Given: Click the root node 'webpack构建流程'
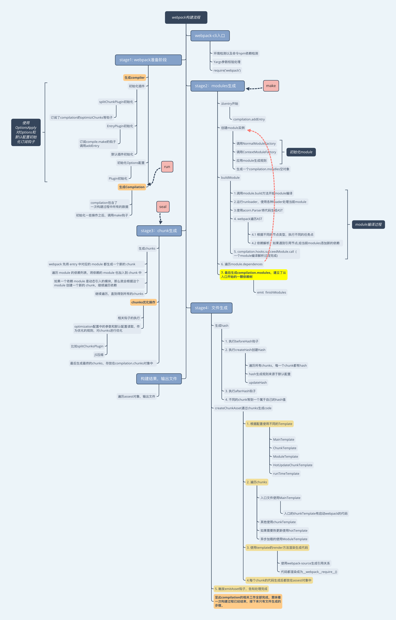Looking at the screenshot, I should click(186, 18).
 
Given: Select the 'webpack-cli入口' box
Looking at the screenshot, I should click(210, 36).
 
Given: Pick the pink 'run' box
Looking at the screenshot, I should click(167, 167).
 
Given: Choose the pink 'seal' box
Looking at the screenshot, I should click(163, 207).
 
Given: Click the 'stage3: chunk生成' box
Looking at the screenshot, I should click(159, 231).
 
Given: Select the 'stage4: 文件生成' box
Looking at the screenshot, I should click(211, 308).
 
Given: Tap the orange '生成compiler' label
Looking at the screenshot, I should click(134, 78).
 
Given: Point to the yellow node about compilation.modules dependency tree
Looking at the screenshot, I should click(253, 275).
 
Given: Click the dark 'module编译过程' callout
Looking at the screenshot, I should click(368, 224).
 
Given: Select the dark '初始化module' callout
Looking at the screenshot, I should click(301, 152).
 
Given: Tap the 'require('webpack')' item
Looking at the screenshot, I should click(227, 70).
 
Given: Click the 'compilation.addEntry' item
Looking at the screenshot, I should click(249, 119).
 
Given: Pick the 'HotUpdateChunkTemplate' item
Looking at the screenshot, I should click(293, 465).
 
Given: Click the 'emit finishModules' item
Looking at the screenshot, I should click(271, 293).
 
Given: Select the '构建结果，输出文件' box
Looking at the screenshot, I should click(159, 379).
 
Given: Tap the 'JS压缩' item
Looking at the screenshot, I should click(99, 355).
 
